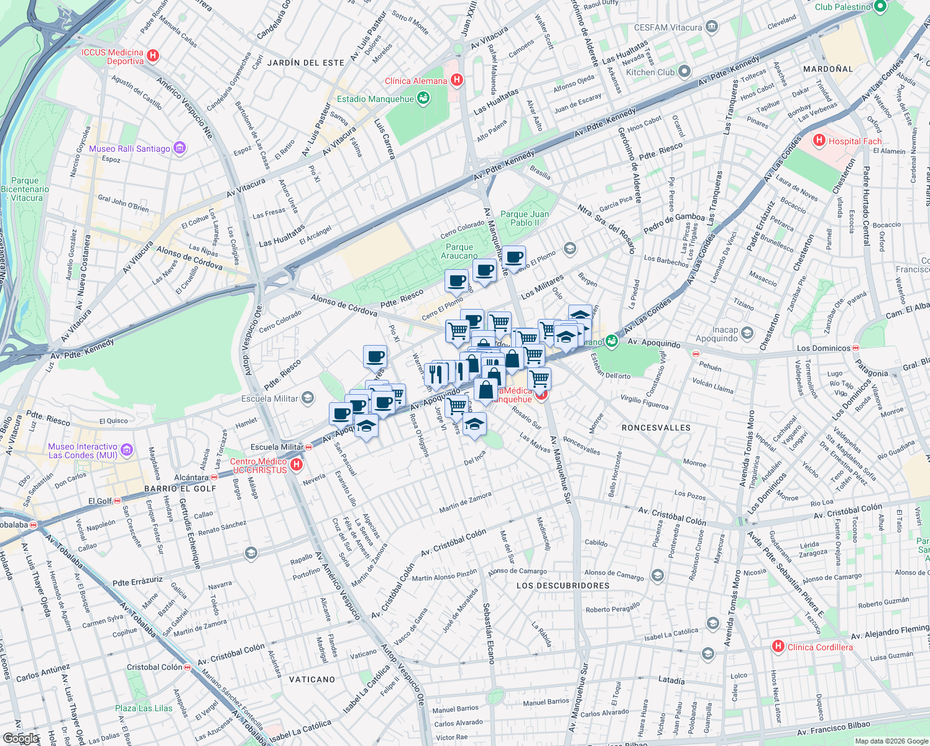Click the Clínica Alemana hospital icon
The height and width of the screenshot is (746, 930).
[457, 80]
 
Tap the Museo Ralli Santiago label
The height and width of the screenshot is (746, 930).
[129, 149]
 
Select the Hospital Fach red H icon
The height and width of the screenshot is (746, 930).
[819, 140]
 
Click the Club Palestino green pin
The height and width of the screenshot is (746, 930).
[880, 6]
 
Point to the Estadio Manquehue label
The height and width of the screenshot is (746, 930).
[375, 99]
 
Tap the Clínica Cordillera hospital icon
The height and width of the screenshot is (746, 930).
[777, 647]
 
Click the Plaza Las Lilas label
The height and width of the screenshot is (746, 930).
[144, 708]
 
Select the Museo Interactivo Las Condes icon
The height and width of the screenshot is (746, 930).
[127, 449]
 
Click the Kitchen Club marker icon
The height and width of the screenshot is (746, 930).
[684, 71]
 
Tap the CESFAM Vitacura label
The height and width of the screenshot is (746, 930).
[668, 27]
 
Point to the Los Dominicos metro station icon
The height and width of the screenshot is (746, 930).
[856, 348]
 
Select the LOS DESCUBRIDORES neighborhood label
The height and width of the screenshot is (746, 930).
[563, 586]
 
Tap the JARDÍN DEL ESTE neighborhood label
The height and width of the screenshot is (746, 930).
[305, 63]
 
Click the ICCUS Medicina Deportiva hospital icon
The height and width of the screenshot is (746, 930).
[152, 56]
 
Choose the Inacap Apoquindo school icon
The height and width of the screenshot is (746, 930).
[747, 333]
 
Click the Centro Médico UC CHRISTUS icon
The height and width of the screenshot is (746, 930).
[297, 464]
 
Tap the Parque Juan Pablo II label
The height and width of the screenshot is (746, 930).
[524, 218]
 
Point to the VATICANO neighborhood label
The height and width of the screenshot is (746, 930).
[312, 679]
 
